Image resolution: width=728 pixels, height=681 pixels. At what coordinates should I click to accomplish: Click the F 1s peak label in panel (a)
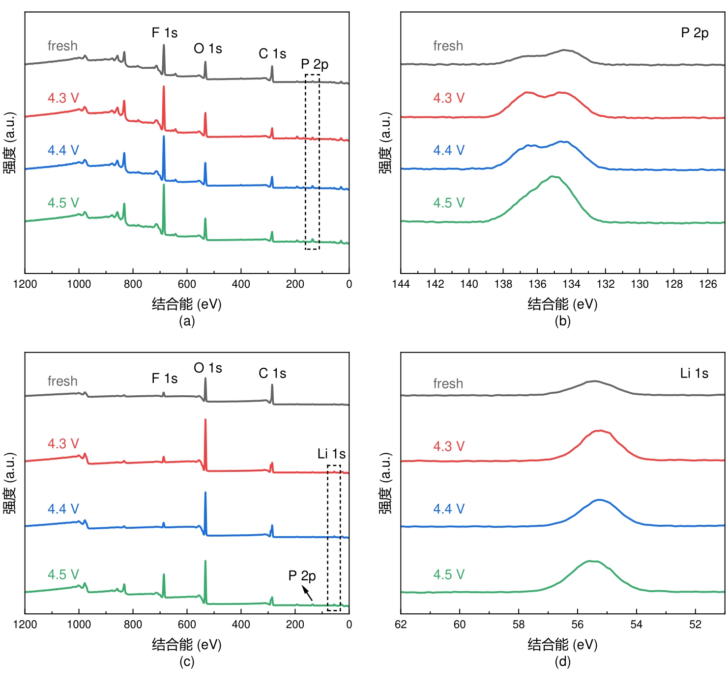[x=164, y=33]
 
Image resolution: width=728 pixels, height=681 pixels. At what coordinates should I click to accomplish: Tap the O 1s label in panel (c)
[x=207, y=368]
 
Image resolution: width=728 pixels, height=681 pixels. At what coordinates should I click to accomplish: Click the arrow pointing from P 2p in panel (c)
[x=307, y=594]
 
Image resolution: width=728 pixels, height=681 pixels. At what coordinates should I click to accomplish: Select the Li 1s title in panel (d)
[x=694, y=374]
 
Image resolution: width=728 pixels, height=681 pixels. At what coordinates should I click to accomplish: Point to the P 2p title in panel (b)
[x=694, y=33]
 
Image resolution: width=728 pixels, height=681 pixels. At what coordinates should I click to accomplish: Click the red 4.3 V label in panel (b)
[x=448, y=98]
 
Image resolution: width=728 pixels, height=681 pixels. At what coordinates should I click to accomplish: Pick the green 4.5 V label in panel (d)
[x=448, y=574]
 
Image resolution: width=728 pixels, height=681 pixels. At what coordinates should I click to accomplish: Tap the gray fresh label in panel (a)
[x=62, y=46]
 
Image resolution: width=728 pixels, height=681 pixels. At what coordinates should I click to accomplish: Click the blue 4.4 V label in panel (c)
[x=63, y=509]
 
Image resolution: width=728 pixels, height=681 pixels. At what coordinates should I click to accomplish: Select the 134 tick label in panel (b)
[x=571, y=284]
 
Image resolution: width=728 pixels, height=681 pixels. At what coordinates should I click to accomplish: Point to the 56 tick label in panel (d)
[x=577, y=625]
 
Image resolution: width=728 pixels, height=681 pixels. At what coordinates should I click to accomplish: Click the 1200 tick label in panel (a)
[x=25, y=284]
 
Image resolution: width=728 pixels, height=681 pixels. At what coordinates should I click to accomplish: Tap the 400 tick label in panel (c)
[x=241, y=625]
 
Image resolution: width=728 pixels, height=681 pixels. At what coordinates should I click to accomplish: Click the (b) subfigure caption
[x=562, y=321]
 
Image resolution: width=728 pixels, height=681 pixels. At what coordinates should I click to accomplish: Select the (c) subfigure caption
[x=187, y=662]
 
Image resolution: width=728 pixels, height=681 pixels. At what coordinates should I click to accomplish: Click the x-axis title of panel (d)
[x=562, y=645]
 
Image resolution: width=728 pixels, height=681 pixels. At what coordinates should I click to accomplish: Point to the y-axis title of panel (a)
[x=10, y=142]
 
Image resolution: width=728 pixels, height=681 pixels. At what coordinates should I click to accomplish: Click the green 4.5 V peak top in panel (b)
[x=553, y=176]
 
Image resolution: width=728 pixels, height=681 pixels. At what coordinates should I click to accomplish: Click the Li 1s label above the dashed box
[x=331, y=454]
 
